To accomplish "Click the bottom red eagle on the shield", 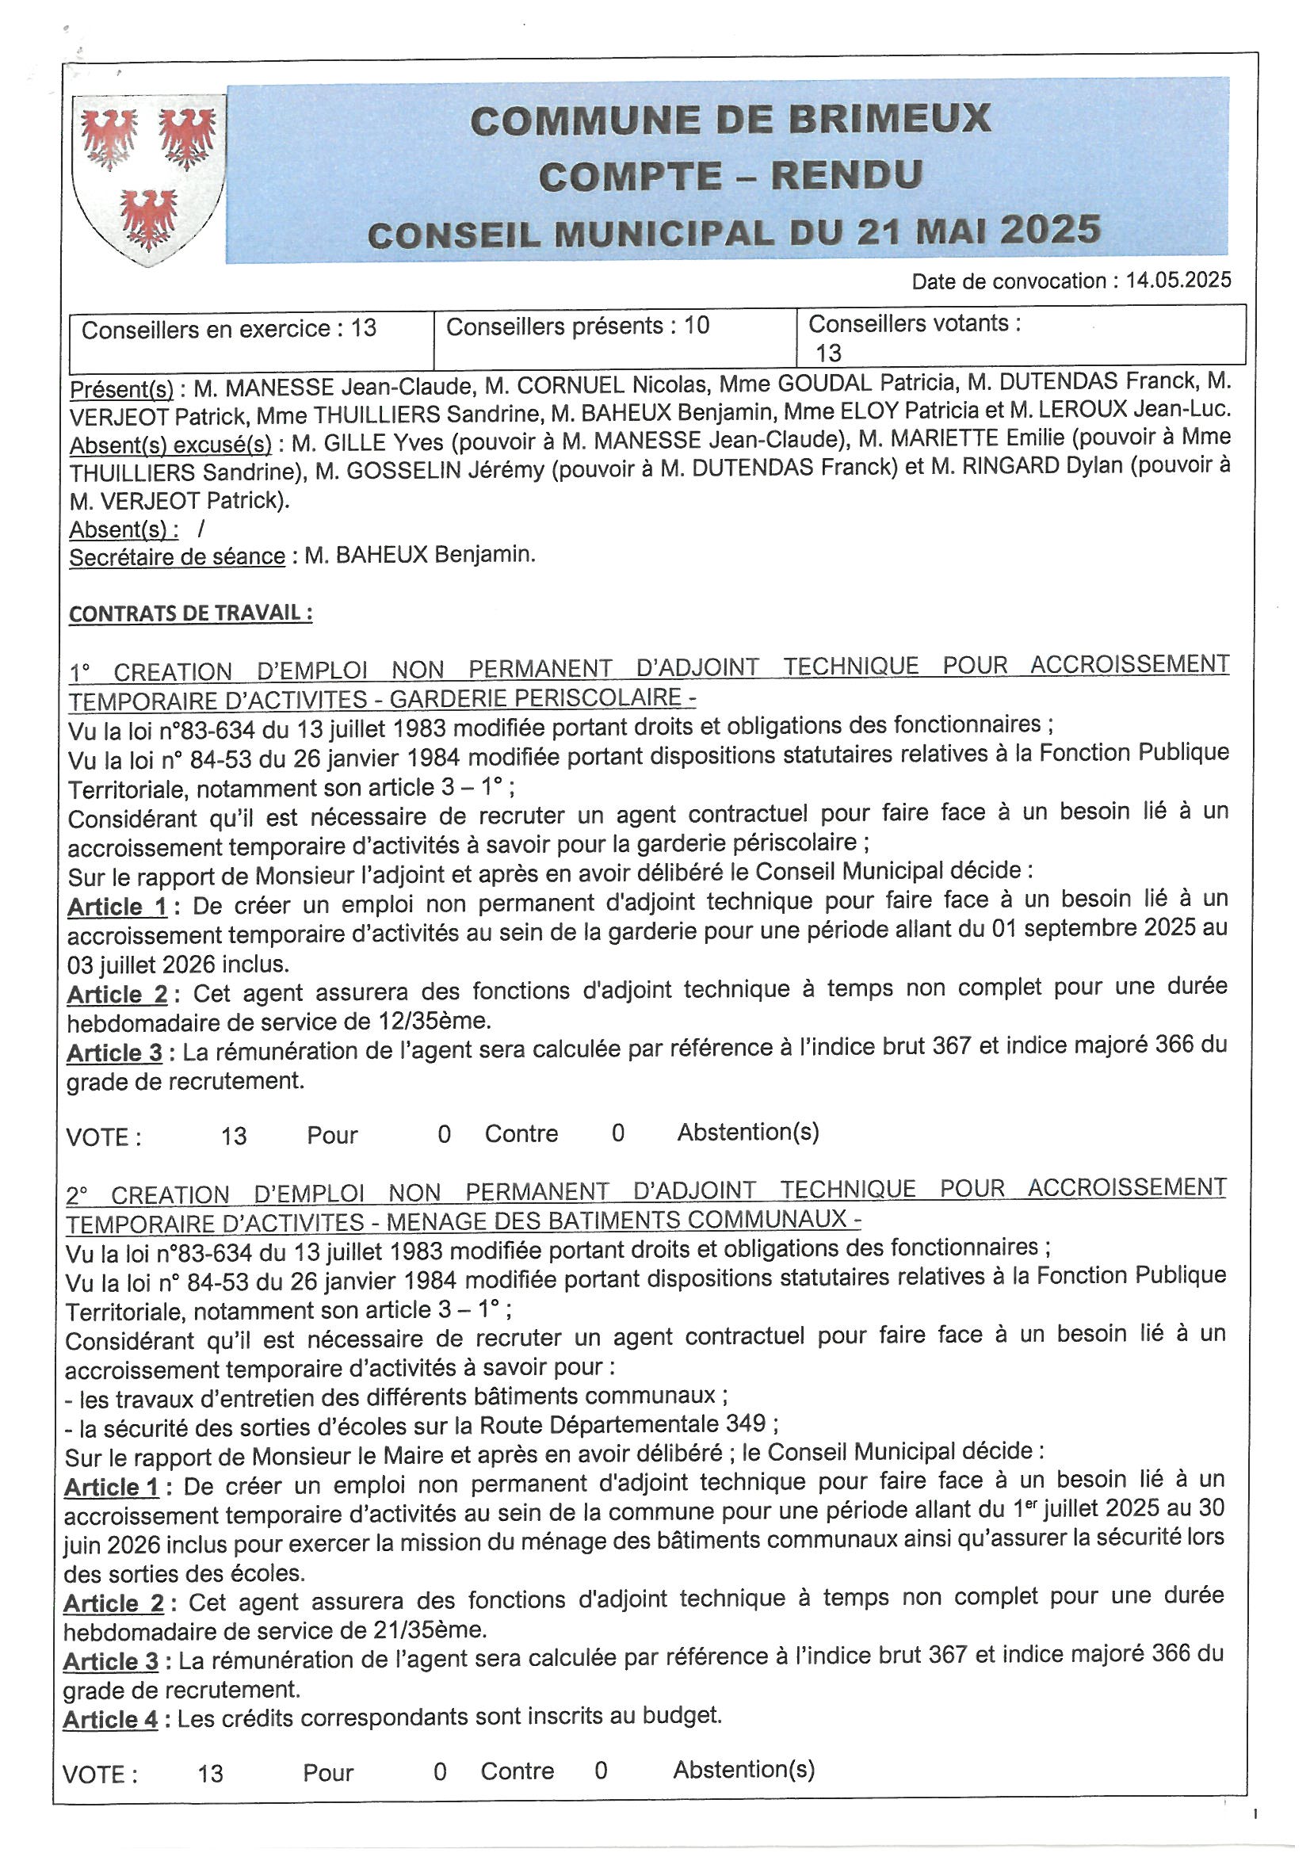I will (148, 217).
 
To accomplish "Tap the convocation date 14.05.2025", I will (1178, 280).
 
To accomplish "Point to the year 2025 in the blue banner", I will (1050, 230).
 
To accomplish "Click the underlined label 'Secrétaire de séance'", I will (177, 557).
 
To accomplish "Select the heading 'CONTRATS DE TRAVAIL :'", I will (190, 613).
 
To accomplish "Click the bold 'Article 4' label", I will (111, 1719).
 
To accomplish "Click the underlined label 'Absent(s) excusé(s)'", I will (170, 445).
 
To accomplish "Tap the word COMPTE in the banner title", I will (629, 176).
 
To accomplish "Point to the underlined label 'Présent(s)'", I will (121, 389).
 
